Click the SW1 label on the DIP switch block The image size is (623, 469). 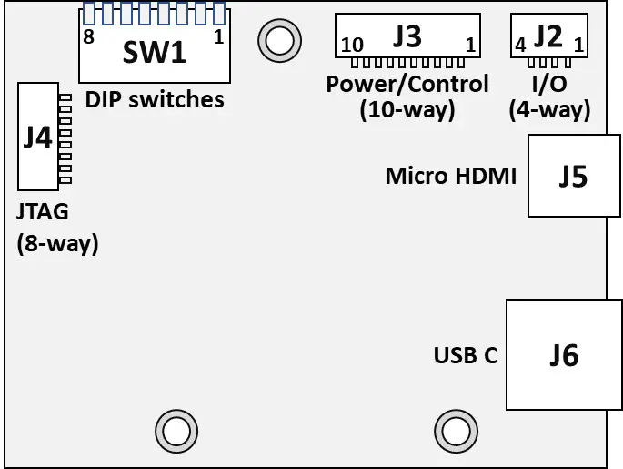pyautogui.click(x=155, y=52)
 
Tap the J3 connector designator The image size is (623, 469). pyautogui.click(x=407, y=36)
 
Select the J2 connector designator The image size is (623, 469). pyautogui.click(x=548, y=36)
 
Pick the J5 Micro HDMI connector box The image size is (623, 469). pyautogui.click(x=573, y=177)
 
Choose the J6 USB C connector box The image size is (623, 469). pyautogui.click(x=564, y=354)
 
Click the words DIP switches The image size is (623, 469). pyautogui.click(x=154, y=98)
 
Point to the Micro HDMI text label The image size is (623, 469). pyautogui.click(x=450, y=175)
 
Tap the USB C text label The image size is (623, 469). pyautogui.click(x=466, y=355)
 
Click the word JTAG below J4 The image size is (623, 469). pyautogui.click(x=42, y=213)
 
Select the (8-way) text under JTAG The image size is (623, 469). pyautogui.click(x=57, y=243)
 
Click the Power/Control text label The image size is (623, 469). pyautogui.click(x=407, y=85)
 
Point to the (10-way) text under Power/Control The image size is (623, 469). pyautogui.click(x=407, y=110)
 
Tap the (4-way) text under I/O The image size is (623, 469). pyautogui.click(x=550, y=110)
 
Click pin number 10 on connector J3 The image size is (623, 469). pyautogui.click(x=351, y=46)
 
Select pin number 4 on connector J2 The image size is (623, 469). pyautogui.click(x=520, y=45)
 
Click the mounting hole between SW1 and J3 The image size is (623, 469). pyautogui.click(x=278, y=39)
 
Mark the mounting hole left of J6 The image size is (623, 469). pyautogui.click(x=455, y=430)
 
